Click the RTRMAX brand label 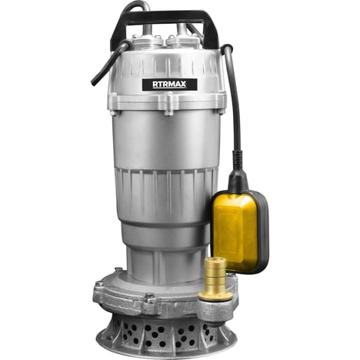170,85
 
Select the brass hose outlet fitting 215,278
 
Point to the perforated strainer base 167,336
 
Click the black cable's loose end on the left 93,82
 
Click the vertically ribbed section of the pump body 166,195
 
